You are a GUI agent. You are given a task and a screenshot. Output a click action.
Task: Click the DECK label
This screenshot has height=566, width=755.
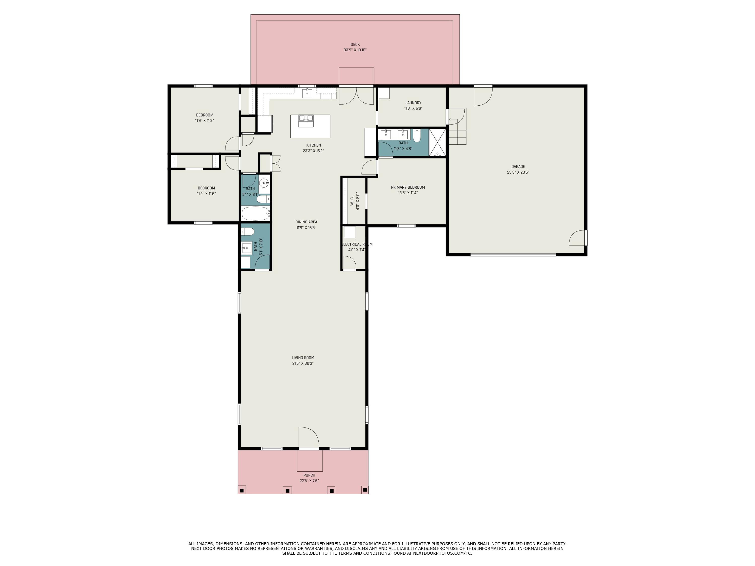click(x=355, y=44)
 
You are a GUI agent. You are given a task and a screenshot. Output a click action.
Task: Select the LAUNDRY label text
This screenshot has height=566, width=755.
click(x=413, y=103)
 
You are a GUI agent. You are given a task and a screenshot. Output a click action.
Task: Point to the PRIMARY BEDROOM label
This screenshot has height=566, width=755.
click(x=408, y=187)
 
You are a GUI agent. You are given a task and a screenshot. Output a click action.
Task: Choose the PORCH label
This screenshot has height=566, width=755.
click(x=309, y=475)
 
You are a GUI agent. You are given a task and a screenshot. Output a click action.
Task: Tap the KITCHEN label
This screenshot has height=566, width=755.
click(x=313, y=145)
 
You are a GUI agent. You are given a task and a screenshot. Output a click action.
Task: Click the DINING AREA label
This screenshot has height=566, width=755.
click(x=306, y=222)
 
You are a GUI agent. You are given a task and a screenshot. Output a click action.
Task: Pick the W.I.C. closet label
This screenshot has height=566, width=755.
click(x=352, y=201)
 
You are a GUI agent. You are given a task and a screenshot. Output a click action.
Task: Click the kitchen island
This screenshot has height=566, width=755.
click(x=310, y=126)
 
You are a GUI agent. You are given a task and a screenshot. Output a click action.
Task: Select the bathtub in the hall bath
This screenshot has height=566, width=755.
click(x=256, y=214)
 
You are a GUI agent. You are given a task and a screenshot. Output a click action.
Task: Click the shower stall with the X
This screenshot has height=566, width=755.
click(x=437, y=142)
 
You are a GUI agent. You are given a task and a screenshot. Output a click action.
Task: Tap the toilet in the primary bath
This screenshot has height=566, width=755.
click(x=417, y=135)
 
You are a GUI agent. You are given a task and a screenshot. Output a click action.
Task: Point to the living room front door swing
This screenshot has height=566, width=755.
click(x=309, y=437)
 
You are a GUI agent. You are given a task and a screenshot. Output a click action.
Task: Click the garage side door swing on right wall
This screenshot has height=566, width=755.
click(x=577, y=238)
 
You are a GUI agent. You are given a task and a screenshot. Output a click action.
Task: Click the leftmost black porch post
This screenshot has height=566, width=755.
click(x=242, y=491)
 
